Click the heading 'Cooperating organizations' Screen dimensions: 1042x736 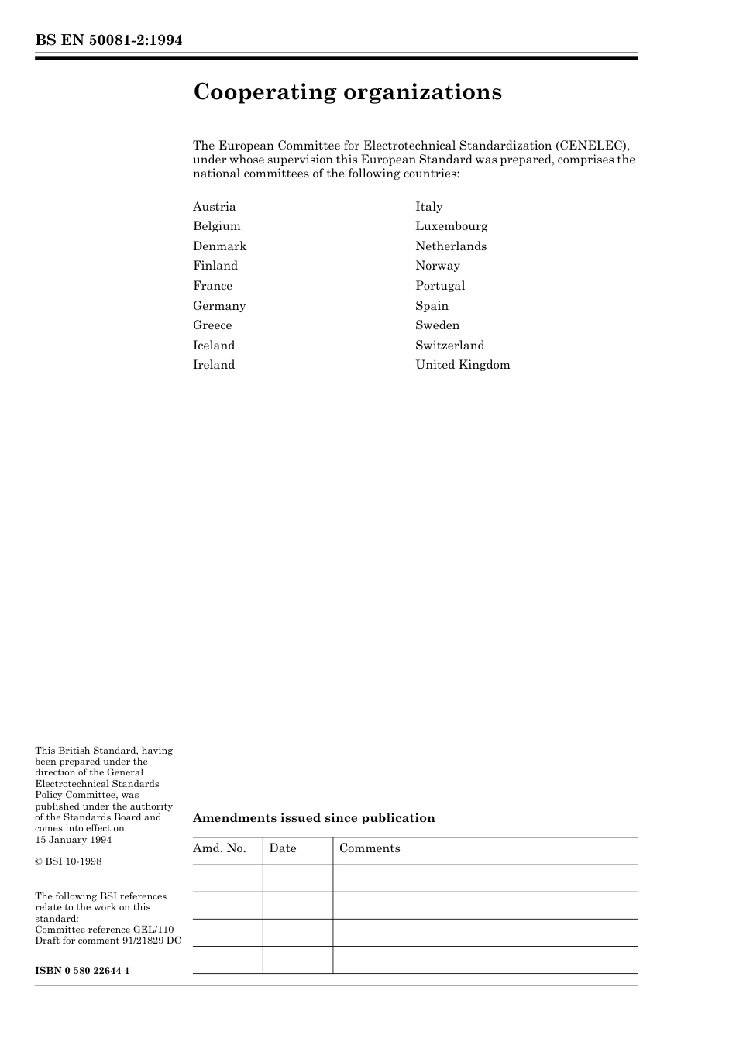(x=347, y=92)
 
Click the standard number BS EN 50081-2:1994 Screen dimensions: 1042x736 (x=108, y=40)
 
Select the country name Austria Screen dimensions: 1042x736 (x=215, y=207)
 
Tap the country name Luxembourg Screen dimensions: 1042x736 (x=451, y=226)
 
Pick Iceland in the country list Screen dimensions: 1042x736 (x=214, y=346)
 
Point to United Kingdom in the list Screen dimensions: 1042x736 (x=463, y=365)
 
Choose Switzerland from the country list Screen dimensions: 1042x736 (x=449, y=346)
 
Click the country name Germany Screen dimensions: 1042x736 (x=219, y=306)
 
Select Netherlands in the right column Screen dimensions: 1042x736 (x=451, y=246)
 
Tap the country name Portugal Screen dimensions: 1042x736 (x=440, y=286)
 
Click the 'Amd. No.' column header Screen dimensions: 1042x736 (x=219, y=848)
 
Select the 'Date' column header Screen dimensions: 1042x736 (x=283, y=848)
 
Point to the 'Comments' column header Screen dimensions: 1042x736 (x=370, y=848)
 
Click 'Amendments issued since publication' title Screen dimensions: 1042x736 (x=314, y=818)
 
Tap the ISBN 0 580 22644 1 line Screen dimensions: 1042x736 (x=82, y=971)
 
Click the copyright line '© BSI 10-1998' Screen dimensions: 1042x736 (x=68, y=861)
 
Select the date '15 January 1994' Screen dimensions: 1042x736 (x=73, y=840)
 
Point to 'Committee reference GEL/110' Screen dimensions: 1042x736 (x=105, y=930)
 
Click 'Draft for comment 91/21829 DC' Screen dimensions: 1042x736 (x=108, y=941)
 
